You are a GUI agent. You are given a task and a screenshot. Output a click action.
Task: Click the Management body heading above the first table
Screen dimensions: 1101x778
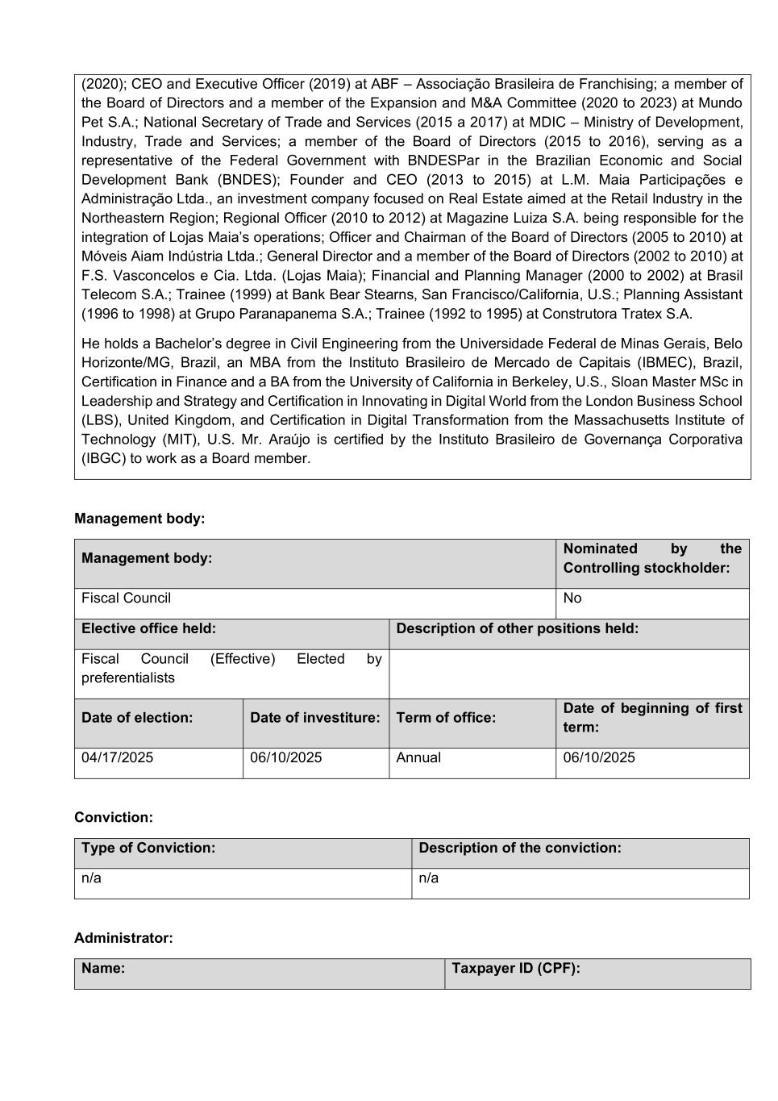139,519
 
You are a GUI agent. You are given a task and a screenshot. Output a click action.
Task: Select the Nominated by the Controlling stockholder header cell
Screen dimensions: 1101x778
651,558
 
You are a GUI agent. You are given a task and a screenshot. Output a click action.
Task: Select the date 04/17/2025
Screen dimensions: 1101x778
117,757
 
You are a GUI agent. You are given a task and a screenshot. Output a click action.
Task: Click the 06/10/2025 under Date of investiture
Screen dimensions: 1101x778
285,757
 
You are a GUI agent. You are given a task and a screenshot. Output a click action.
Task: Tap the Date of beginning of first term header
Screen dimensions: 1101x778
651,717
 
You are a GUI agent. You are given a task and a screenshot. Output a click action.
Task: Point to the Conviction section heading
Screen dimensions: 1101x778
113,817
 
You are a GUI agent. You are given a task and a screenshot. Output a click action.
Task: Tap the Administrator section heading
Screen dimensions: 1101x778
123,938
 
